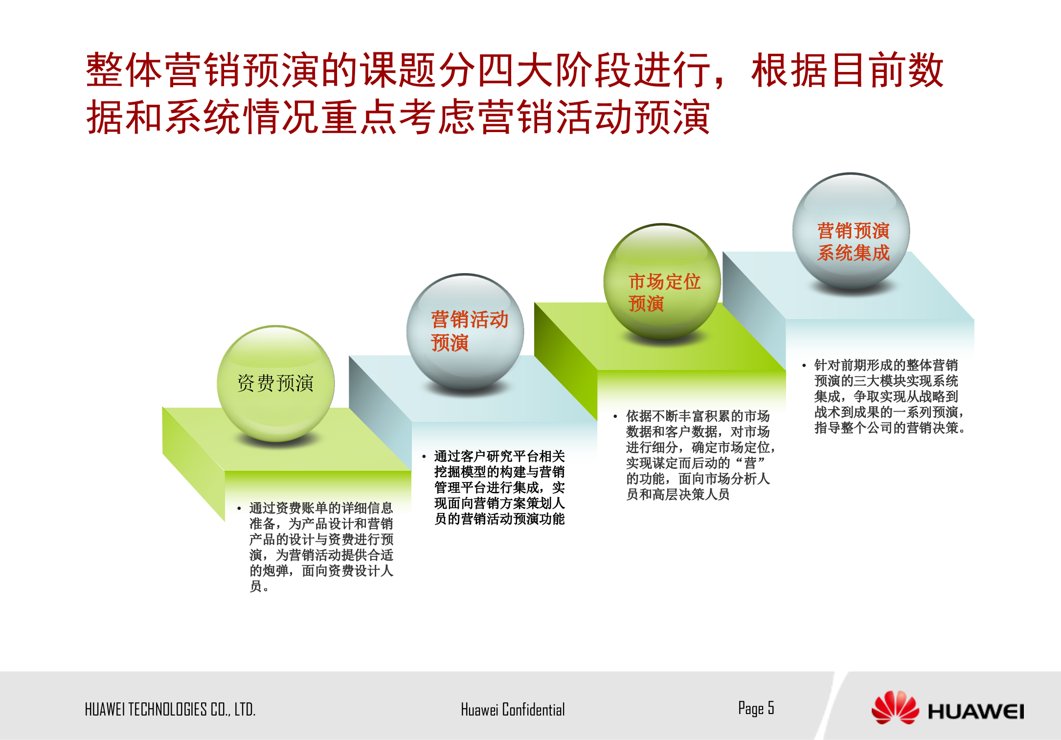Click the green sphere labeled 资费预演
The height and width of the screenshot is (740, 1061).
click(275, 383)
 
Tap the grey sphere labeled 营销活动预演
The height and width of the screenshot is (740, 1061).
click(465, 332)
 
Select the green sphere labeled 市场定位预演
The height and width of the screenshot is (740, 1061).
click(662, 282)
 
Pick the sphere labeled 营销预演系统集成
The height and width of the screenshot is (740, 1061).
click(851, 231)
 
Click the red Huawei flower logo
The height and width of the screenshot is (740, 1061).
click(895, 707)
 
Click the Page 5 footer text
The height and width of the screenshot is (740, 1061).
click(756, 708)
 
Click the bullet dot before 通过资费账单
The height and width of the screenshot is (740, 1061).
click(239, 509)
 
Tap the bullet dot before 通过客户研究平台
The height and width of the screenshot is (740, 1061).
click(424, 457)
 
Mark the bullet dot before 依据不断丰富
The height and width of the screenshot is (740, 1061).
click(615, 417)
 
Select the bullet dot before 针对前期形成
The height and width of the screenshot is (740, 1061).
click(804, 366)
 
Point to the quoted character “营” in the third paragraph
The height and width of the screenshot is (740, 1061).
click(750, 463)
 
